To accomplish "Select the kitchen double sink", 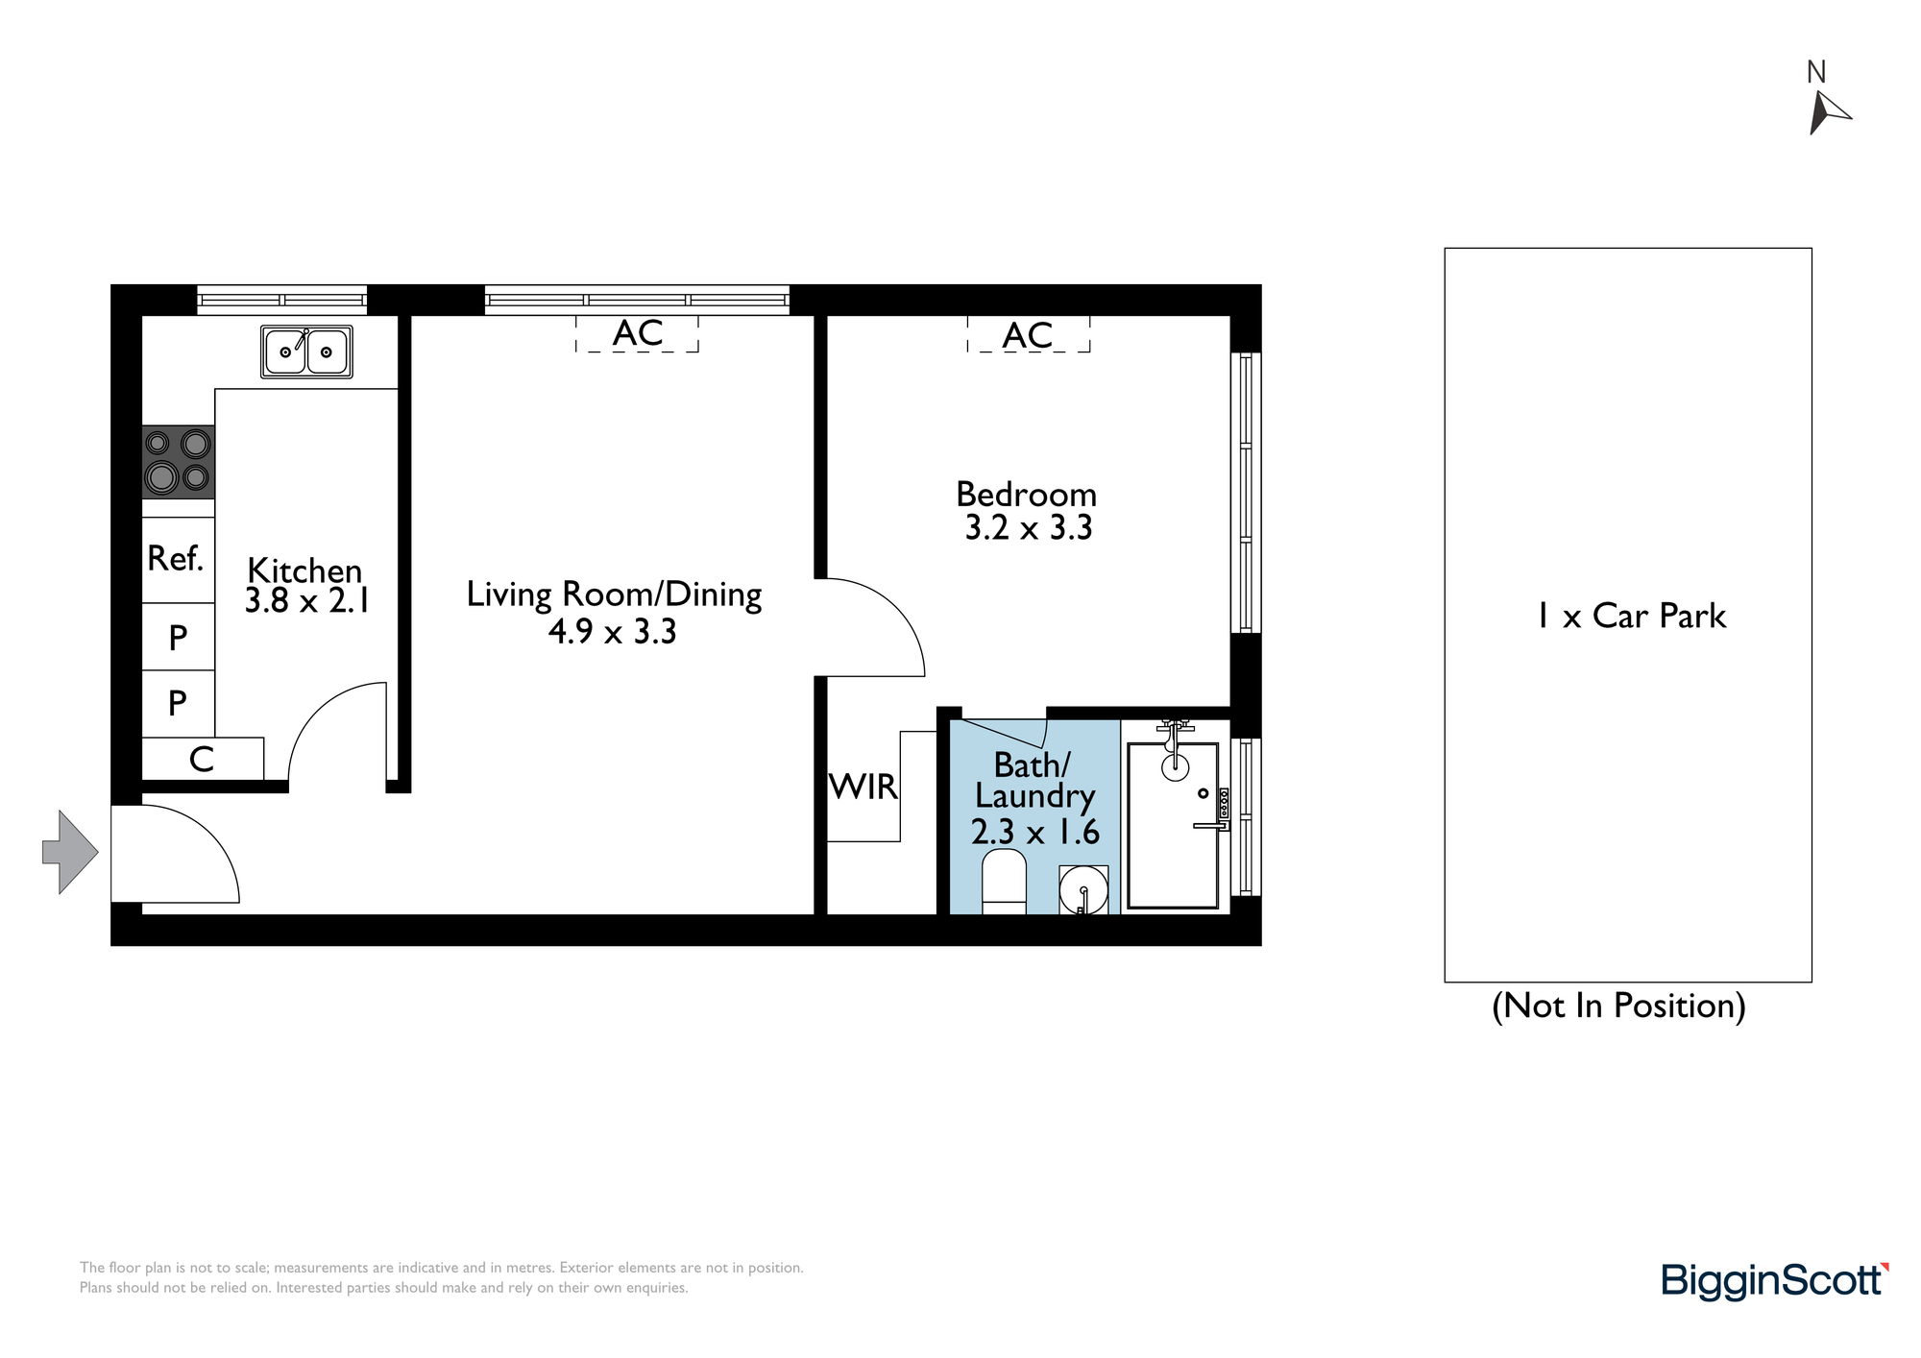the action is (306, 352).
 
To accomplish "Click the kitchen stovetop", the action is (179, 462).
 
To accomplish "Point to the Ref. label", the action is (176, 558).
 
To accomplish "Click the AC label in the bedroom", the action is (1028, 335).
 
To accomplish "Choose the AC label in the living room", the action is (638, 333).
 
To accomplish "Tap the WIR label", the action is (863, 787).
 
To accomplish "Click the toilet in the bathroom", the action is (1005, 881).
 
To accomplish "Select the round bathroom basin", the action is (1083, 889).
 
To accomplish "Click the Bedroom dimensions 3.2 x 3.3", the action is (1029, 528).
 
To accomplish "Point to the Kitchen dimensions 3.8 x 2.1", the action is (307, 601).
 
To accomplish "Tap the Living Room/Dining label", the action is (614, 594).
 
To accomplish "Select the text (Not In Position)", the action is (1618, 1006).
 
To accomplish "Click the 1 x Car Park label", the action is (1631, 616).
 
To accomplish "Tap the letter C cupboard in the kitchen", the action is (202, 760).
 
